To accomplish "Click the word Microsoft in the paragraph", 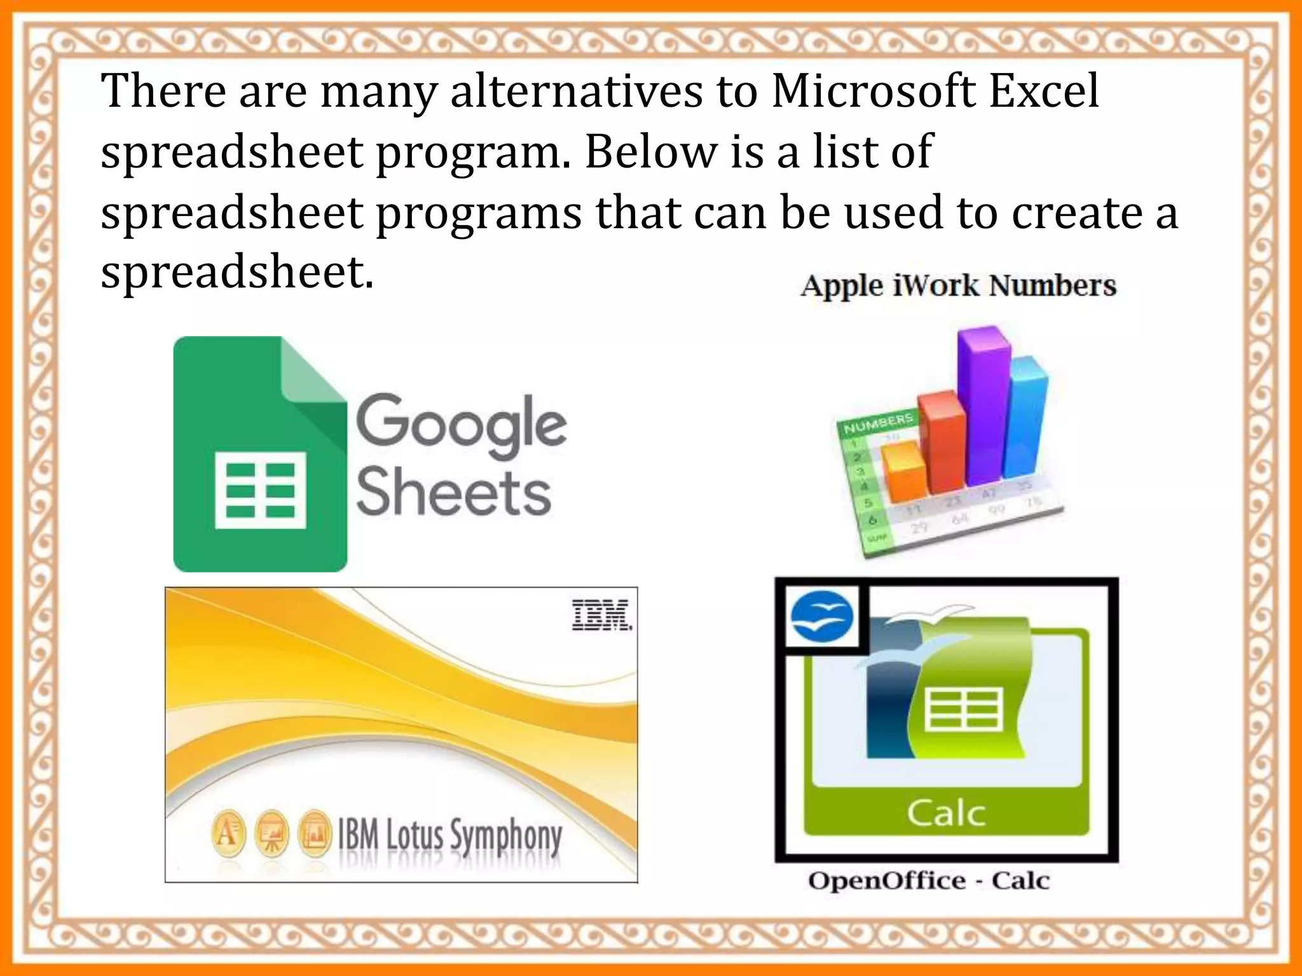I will [873, 91].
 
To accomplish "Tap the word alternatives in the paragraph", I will [576, 91].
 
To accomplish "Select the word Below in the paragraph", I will [650, 152].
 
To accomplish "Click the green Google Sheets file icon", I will [260, 454].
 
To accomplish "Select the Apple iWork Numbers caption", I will [958, 286].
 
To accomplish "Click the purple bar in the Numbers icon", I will [983, 407].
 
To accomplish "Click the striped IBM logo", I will [601, 614].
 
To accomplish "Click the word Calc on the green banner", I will [946, 813].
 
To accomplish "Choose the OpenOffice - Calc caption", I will [929, 881].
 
